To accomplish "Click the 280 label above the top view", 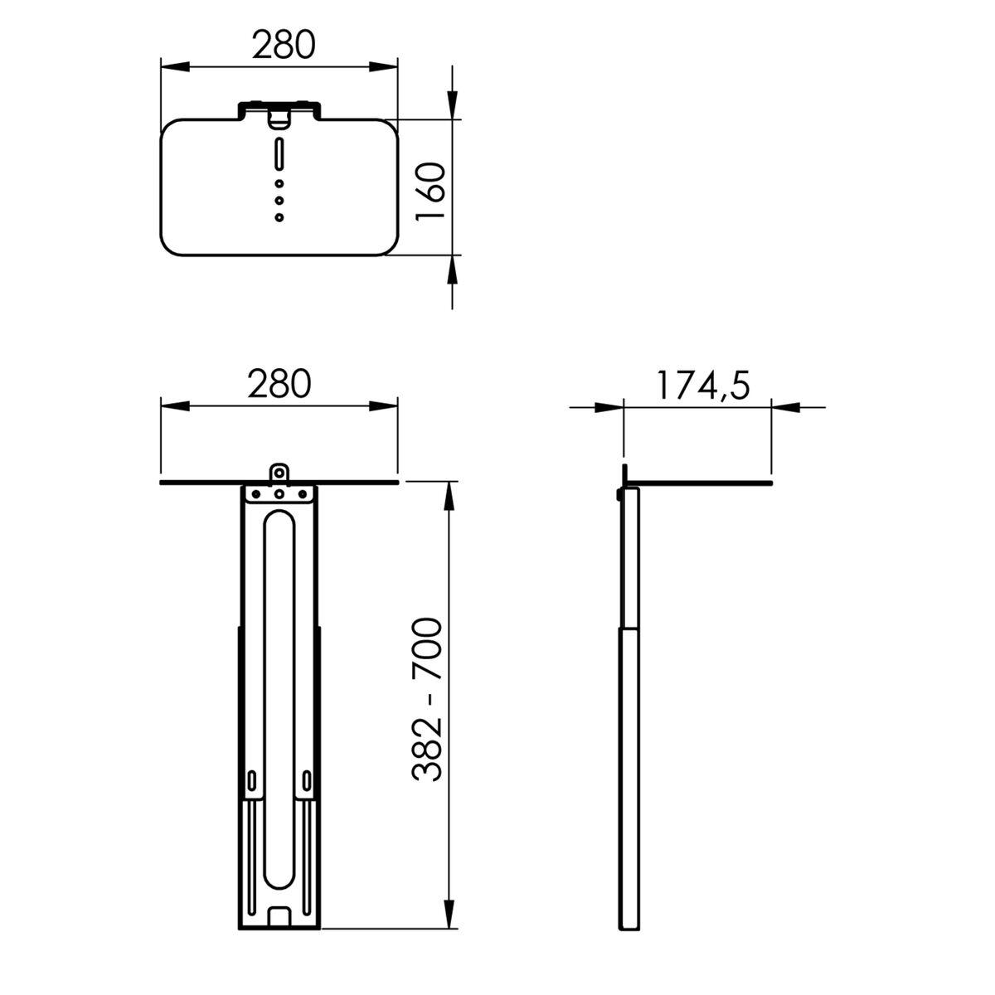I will click(284, 46).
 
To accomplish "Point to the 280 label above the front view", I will click(279, 382).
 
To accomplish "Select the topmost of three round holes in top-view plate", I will click(279, 184).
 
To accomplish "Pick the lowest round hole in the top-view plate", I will click(279, 217).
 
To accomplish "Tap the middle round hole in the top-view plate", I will click(279, 201).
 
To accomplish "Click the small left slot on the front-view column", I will click(251, 779).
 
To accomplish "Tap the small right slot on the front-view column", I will click(307, 779).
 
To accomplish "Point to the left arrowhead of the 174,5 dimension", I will click(609, 407).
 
